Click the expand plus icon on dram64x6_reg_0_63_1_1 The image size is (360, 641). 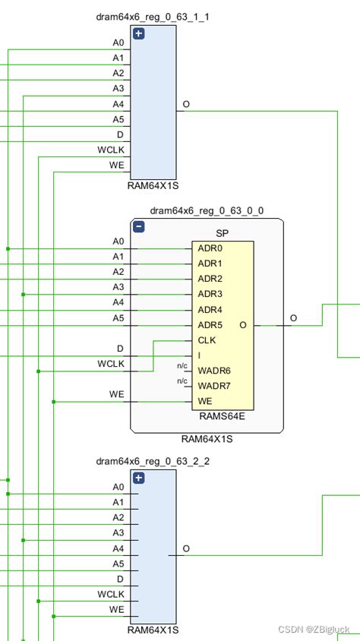click(138, 33)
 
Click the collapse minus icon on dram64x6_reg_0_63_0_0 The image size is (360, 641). click(138, 226)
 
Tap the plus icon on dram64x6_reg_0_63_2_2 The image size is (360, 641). click(138, 478)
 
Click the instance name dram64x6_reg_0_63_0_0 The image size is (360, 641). click(207, 210)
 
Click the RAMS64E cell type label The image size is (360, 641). click(223, 416)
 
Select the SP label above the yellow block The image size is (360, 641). click(223, 232)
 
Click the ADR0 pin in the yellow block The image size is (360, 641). click(210, 248)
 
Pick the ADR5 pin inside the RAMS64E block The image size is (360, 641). click(210, 325)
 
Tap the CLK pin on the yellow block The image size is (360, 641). click(207, 340)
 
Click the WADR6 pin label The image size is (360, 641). click(213, 371)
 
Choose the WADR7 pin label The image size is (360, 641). click(213, 386)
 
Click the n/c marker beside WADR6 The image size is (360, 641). click(182, 366)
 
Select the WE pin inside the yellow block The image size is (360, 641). click(205, 401)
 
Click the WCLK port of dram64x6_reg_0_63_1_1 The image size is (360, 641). click(110, 150)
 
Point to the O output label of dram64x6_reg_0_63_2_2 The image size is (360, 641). click(186, 548)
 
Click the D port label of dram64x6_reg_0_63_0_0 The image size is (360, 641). click(119, 349)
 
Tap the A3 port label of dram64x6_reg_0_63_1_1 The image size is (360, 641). click(118, 88)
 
